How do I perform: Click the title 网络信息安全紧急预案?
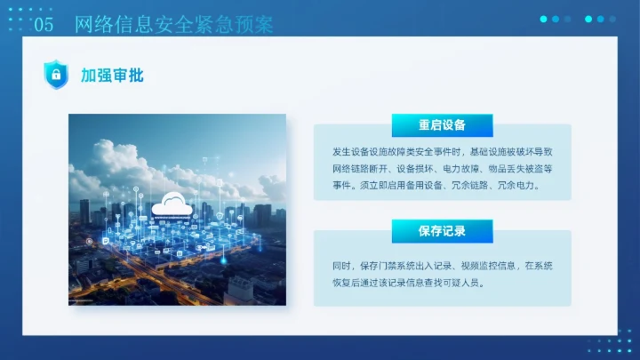[173, 25]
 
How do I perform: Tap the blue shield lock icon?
[56, 75]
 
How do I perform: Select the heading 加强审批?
[112, 76]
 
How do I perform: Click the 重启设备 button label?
[442, 124]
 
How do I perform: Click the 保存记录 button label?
[442, 231]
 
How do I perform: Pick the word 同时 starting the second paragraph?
[341, 266]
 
